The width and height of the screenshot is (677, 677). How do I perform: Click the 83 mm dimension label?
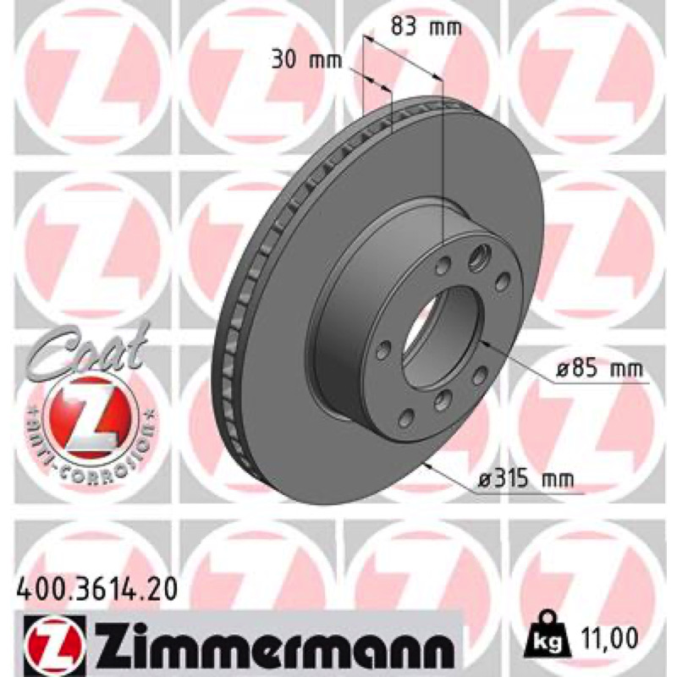click(426, 27)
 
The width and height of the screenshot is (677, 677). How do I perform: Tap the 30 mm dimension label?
click(306, 60)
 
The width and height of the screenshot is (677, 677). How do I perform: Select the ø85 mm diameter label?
click(600, 369)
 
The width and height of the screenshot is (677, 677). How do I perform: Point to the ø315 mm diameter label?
click(526, 479)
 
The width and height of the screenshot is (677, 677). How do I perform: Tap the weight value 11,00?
click(608, 637)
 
